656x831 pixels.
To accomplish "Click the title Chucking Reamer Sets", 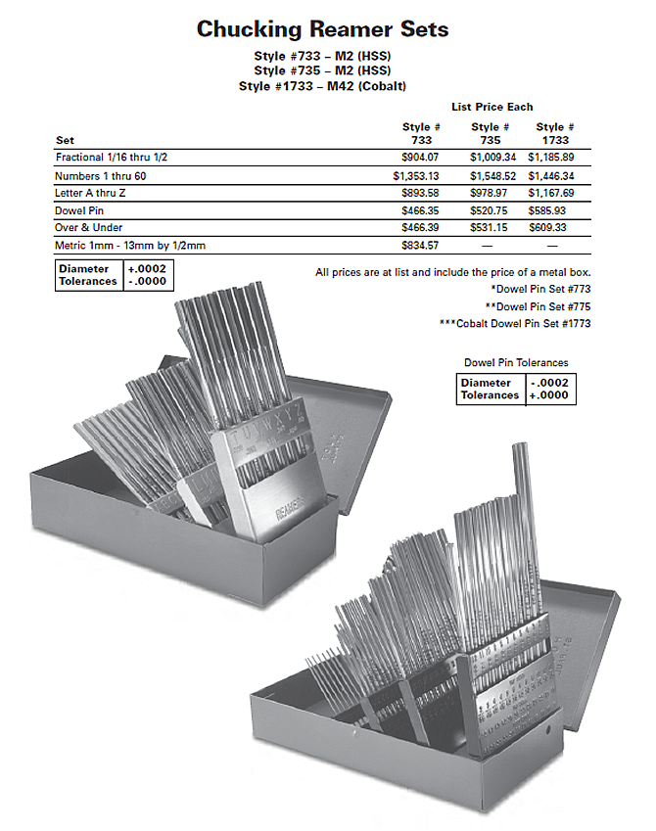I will click(x=322, y=28).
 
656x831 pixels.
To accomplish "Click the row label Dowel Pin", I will click(x=80, y=209).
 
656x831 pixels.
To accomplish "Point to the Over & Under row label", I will click(x=90, y=227).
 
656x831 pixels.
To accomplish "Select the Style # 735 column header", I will click(x=490, y=133).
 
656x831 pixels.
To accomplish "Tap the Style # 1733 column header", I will click(x=555, y=133).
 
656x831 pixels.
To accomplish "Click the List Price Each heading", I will click(x=492, y=106).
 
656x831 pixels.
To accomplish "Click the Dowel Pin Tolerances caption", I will click(x=515, y=362).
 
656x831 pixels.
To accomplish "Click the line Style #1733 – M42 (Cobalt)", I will click(x=322, y=86).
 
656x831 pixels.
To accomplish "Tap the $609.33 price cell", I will click(x=555, y=227).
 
